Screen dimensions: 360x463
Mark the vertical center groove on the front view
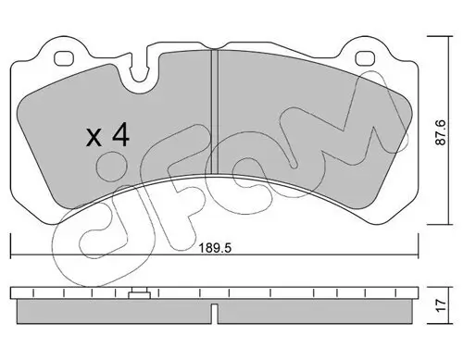coord(214,111)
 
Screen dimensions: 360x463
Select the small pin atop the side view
coord(140,297)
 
